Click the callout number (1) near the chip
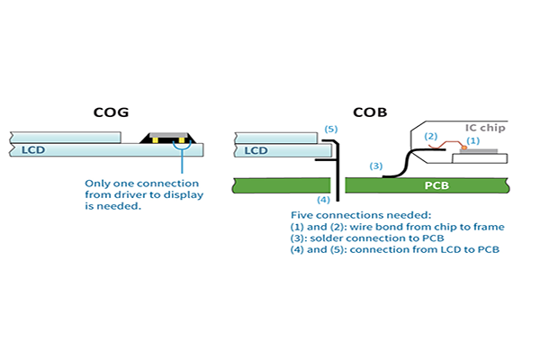point(473,141)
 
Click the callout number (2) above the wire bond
point(431,137)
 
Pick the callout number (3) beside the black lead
point(376,166)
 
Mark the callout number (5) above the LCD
point(330,130)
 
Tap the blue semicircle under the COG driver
point(183,150)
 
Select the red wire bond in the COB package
point(445,147)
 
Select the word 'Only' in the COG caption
point(97,183)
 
